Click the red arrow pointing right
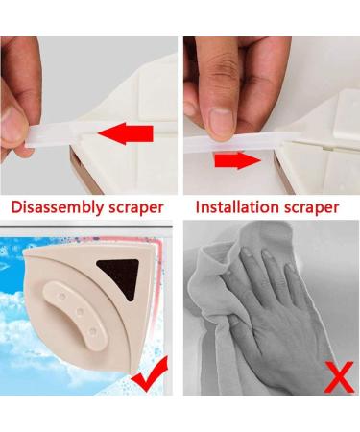(238, 160)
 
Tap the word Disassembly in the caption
(58, 207)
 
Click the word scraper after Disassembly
(136, 208)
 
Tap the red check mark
(151, 373)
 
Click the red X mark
(339, 377)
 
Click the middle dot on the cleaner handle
(80, 311)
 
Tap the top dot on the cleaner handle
(62, 296)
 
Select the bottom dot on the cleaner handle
(92, 331)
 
